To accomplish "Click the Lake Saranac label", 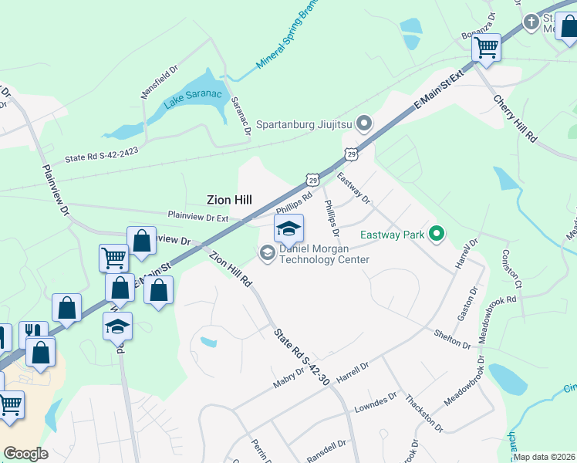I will tap(192, 100).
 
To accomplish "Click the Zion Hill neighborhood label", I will tap(229, 200).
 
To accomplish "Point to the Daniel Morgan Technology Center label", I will tap(324, 255).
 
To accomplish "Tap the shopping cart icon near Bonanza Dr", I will tap(486, 47).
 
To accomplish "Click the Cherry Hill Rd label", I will tap(515, 119).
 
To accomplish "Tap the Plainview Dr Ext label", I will tap(197, 218).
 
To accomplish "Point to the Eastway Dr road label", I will tap(353, 189).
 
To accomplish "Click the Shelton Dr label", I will tap(452, 339).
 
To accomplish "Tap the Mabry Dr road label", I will tap(290, 378).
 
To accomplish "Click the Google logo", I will tap(26, 454).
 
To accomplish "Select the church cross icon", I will tap(531, 22).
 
